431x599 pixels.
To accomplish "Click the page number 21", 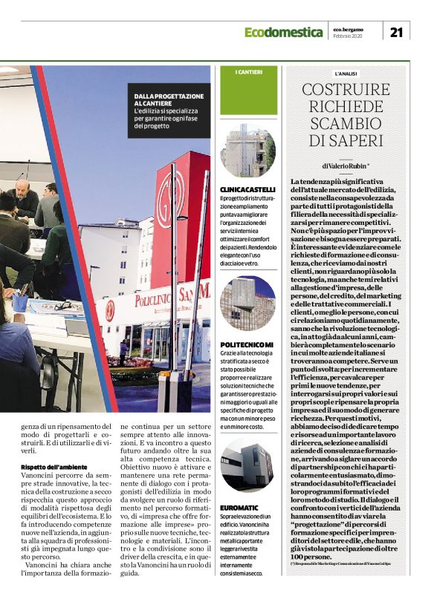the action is (x=396, y=31).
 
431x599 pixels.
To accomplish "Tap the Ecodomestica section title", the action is (x=285, y=32).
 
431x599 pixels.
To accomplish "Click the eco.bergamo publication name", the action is (x=349, y=28).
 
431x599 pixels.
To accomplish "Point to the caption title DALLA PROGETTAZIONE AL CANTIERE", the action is (x=169, y=100).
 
